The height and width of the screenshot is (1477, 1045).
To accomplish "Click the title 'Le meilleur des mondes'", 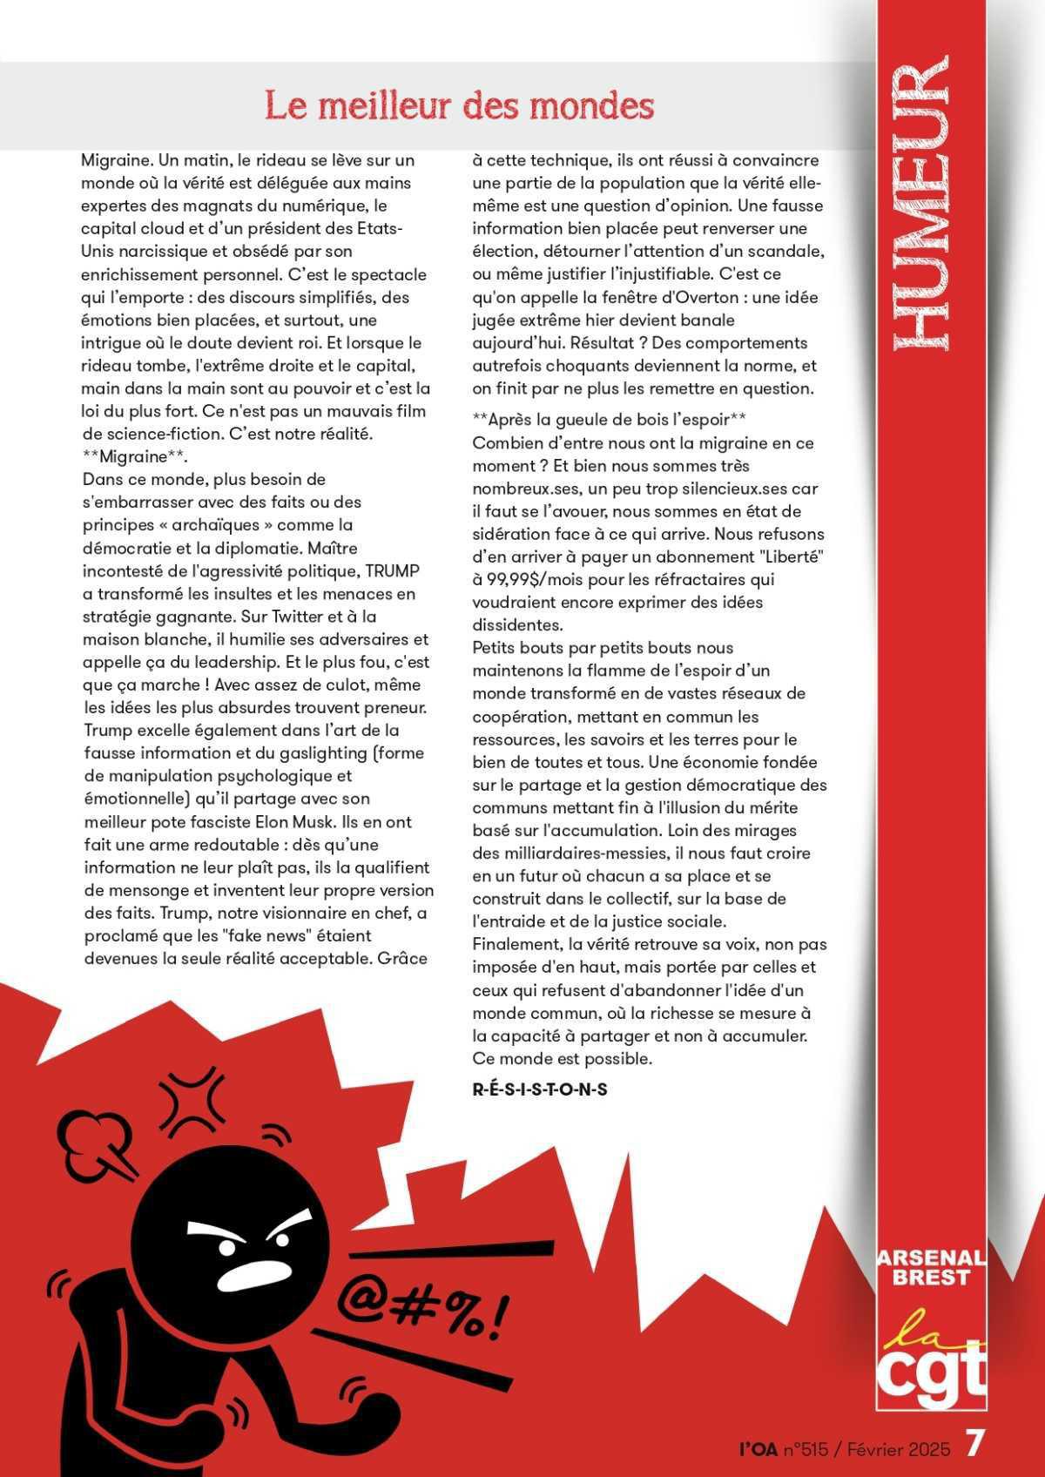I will pos(459,107).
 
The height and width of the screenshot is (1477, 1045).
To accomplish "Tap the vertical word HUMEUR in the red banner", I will pos(922,204).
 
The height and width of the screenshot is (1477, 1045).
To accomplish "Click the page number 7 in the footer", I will pos(975,1443).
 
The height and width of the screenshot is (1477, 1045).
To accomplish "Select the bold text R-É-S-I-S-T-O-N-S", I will pos(540,1089).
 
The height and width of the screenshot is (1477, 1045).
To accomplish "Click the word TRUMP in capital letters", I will pos(392,571).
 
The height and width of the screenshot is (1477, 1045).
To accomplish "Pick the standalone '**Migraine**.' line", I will pos(135,456).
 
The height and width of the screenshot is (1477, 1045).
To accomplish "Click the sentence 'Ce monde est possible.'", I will pos(562,1059).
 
